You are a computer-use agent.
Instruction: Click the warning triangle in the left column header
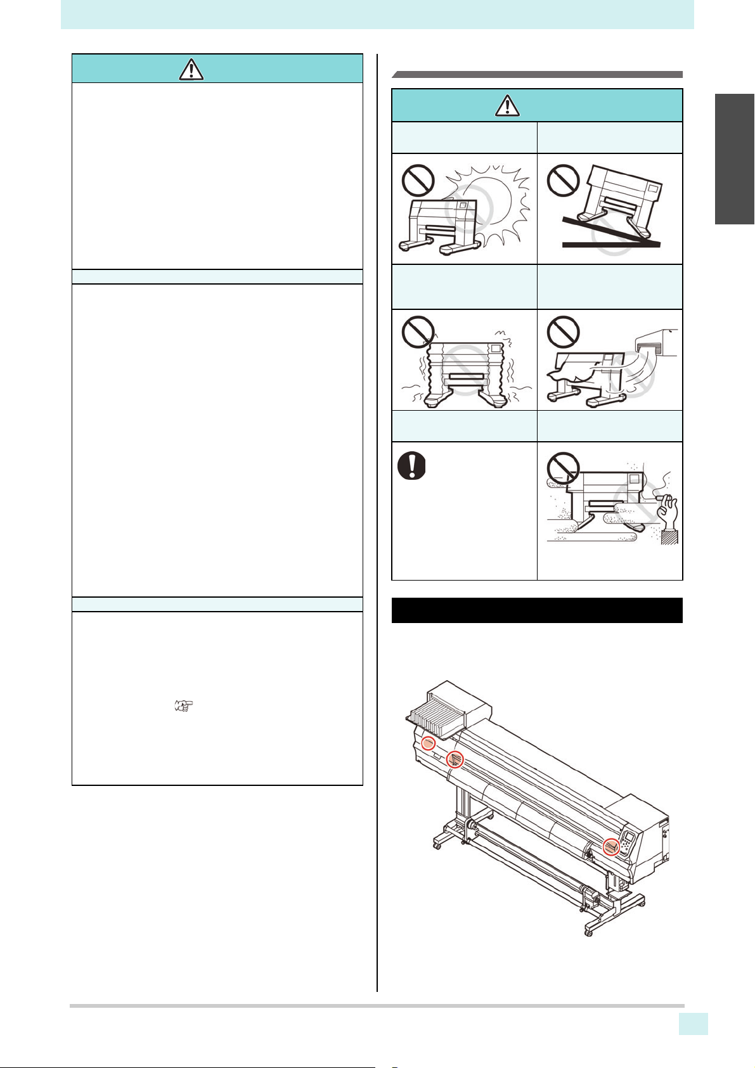[x=191, y=68]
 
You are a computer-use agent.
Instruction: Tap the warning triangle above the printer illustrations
[x=507, y=105]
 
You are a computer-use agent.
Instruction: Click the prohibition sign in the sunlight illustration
[x=418, y=180]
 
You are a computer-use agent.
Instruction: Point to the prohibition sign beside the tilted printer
[x=564, y=180]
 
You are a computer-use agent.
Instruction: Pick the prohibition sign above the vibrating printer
[x=418, y=331]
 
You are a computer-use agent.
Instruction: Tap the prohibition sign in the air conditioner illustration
[x=564, y=331]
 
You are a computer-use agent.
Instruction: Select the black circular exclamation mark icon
[x=411, y=466]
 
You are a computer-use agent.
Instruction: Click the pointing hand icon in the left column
[x=183, y=705]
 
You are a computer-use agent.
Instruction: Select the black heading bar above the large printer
[x=536, y=610]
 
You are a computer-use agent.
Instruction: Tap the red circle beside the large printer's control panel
[x=610, y=846]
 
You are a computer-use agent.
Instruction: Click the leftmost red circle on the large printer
[x=429, y=743]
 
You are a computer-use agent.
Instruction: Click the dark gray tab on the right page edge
[x=735, y=159]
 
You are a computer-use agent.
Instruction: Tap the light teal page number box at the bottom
[x=693, y=1024]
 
